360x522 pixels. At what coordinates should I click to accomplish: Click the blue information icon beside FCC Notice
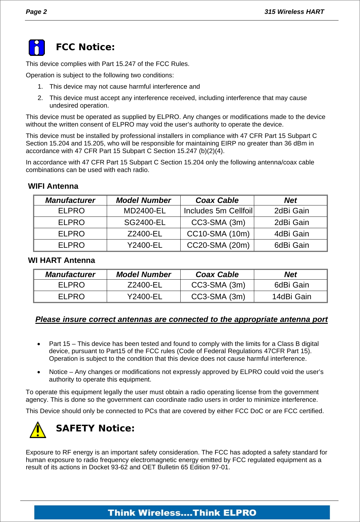(37, 48)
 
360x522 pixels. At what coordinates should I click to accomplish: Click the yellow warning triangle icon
(38, 430)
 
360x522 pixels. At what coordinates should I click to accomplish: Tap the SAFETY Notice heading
(95, 428)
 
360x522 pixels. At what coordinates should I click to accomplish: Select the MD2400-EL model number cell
(144, 211)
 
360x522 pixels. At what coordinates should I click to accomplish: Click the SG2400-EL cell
(144, 222)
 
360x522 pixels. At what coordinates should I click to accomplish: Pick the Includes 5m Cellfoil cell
(218, 211)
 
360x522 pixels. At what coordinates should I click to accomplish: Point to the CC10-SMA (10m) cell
(218, 234)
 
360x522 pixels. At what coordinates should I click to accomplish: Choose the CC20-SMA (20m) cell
(218, 245)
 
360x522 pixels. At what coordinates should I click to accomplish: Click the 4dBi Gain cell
(291, 234)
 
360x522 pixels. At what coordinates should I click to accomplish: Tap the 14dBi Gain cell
(291, 297)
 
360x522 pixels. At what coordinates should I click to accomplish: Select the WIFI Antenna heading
(53, 186)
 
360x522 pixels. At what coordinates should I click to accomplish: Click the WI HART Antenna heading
(61, 260)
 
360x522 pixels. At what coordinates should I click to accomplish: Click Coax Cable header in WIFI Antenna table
(217, 200)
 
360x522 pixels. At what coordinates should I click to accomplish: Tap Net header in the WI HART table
(290, 275)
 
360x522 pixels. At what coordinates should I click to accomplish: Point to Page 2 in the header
(36, 12)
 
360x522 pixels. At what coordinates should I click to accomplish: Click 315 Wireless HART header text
(294, 12)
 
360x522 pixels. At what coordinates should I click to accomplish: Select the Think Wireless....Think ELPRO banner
(182, 513)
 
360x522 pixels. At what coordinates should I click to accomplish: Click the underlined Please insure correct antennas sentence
(181, 319)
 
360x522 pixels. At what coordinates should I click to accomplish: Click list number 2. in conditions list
(40, 98)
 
